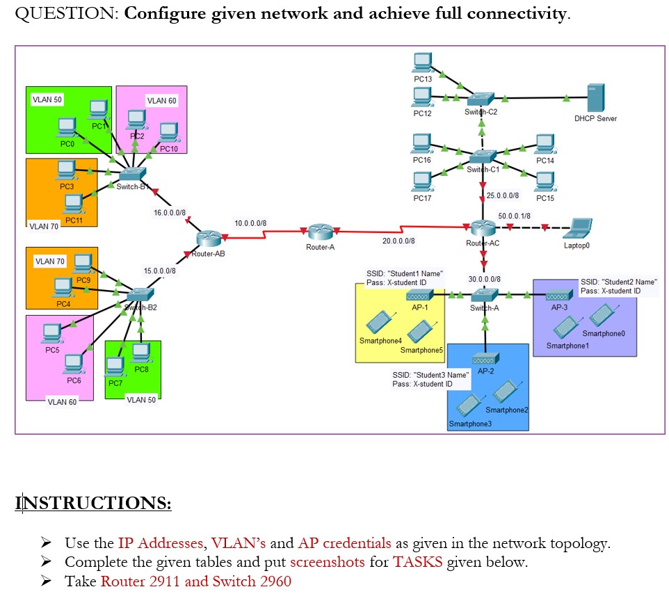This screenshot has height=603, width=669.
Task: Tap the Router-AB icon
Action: tap(207, 239)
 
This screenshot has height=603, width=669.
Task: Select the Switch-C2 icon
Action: tap(481, 99)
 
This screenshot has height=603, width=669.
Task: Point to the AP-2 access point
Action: tap(485, 359)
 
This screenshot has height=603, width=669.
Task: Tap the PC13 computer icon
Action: tap(422, 63)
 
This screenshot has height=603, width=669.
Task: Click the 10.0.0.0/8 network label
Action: tap(250, 223)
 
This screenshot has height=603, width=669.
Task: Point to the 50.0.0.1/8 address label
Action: tap(515, 216)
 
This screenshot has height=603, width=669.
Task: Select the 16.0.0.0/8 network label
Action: tap(170, 211)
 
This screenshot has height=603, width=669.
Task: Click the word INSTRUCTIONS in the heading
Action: tap(93, 503)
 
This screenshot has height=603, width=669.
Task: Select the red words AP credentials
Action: tap(345, 543)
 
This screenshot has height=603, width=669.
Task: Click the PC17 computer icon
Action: tap(422, 182)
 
